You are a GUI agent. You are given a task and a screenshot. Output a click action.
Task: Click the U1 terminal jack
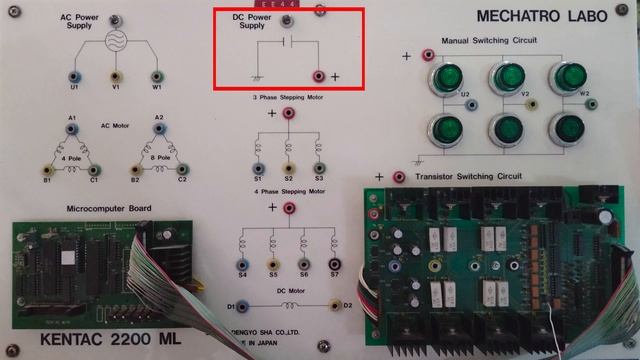pyautogui.click(x=73, y=75)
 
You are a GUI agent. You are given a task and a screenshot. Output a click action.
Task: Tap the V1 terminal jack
pyautogui.click(x=116, y=75)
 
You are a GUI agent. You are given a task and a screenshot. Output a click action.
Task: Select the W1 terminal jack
pyautogui.click(x=156, y=75)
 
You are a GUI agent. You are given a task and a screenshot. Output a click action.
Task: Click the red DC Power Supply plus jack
pyautogui.click(x=320, y=75)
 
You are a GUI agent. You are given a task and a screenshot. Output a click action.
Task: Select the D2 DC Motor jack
pyautogui.click(x=334, y=304)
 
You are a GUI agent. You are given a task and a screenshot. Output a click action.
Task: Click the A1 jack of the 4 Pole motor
pyautogui.click(x=72, y=130)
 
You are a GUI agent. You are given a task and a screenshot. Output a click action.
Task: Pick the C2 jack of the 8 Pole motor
pyautogui.click(x=181, y=169)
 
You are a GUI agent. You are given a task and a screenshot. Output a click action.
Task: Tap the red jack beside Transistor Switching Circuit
pyautogui.click(x=400, y=177)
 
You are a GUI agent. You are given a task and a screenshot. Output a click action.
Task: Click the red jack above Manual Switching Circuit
pyautogui.click(x=428, y=53)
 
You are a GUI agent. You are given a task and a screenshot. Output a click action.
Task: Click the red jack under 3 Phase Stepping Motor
pyautogui.click(x=289, y=114)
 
